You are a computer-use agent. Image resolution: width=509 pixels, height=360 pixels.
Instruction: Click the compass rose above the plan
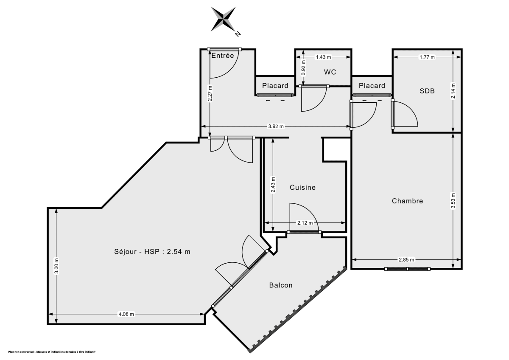[224, 20]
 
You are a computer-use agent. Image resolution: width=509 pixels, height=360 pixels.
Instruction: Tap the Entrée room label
[223, 56]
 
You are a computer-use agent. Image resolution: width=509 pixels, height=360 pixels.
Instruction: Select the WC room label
[330, 72]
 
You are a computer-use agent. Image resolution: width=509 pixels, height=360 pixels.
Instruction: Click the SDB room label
[427, 90]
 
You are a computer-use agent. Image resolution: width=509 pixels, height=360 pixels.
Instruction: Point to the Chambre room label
[407, 201]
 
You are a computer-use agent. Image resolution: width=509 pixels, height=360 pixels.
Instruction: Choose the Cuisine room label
[302, 187]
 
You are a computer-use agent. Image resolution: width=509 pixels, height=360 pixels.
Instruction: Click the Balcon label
[281, 285]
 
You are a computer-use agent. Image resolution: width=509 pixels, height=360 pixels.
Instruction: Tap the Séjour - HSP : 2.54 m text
[152, 251]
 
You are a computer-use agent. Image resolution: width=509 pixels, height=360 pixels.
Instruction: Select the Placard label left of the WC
[275, 86]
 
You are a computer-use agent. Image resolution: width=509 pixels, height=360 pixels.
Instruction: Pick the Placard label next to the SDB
[372, 86]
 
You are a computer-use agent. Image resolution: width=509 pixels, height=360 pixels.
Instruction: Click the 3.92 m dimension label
[276, 126]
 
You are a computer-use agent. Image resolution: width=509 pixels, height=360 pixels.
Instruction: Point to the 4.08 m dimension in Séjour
[126, 314]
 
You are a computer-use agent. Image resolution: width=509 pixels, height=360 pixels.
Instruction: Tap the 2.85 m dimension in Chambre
[406, 259]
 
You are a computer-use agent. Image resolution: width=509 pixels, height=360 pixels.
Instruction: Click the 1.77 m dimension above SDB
[427, 57]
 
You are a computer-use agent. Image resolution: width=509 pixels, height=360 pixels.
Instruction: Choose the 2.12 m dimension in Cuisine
[305, 223]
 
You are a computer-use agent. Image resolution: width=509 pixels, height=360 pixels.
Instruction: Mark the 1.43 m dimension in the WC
[323, 57]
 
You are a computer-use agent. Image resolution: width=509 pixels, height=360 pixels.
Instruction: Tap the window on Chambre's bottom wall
[407, 269]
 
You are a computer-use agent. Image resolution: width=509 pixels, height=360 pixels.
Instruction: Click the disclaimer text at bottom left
[52, 352]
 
